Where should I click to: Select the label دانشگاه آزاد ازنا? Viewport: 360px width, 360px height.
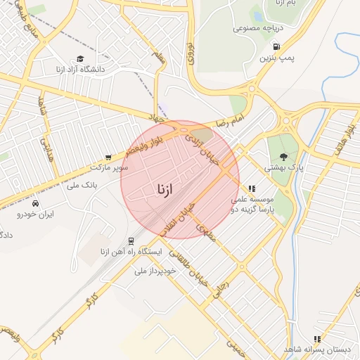coord(79,70)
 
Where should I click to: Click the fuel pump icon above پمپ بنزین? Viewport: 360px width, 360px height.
coord(277,48)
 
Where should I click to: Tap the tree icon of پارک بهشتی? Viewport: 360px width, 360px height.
coord(283,157)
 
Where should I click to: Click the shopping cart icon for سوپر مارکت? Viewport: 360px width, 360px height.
coord(108,157)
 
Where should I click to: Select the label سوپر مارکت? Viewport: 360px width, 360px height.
coord(108,168)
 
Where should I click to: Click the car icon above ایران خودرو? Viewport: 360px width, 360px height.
coord(34,202)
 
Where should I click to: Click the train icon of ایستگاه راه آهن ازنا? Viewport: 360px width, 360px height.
coord(131,241)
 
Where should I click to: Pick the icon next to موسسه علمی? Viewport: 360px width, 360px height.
coord(252,188)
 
